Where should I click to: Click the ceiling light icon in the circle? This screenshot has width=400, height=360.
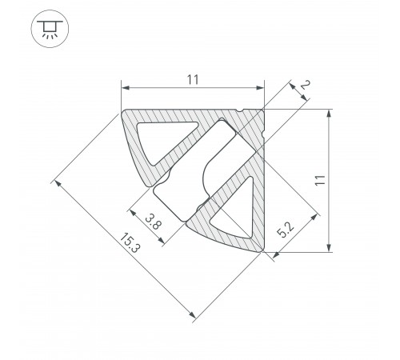click(50, 29)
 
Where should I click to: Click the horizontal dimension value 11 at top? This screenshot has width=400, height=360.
click(193, 80)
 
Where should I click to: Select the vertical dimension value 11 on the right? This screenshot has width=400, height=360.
click(320, 181)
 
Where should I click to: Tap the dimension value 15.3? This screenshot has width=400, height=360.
click(130, 242)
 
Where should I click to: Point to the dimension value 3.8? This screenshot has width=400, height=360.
click(154, 222)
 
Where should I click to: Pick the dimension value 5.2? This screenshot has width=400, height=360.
click(286, 230)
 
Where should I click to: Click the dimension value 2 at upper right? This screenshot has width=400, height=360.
click(305, 85)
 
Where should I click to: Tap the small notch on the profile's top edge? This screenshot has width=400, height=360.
click(240, 110)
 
